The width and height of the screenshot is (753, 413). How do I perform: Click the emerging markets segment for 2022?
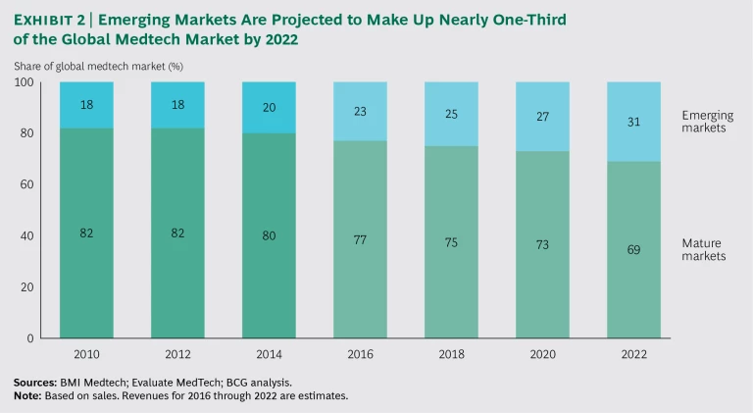pos(633,123)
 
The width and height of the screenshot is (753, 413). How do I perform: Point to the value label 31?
pos(633,122)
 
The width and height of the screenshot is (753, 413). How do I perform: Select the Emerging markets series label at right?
pos(707,122)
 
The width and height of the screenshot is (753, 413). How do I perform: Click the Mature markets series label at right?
pos(703,249)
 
